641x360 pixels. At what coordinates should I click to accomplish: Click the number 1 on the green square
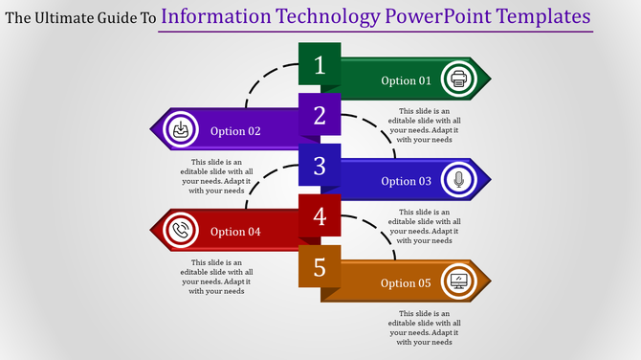pos(320,65)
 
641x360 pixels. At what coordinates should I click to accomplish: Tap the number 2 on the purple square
pos(320,116)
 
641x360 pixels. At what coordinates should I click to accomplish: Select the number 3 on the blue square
pos(320,167)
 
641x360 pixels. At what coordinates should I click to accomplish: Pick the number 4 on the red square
pos(320,217)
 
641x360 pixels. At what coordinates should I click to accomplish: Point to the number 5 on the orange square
pos(320,268)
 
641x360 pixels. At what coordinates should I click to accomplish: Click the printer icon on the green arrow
pos(459,80)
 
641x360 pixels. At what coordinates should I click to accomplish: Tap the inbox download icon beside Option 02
pos(180,130)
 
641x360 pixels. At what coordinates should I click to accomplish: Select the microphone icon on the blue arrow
pos(459,180)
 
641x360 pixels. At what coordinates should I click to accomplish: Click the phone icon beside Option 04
pos(180,231)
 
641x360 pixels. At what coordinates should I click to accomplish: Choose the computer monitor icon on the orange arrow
pos(459,281)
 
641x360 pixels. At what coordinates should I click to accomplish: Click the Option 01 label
pos(406,80)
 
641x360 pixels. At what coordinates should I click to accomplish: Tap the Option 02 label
pos(235,131)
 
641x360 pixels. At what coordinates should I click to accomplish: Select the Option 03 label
pos(406,181)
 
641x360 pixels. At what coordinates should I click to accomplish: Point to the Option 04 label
pos(235,232)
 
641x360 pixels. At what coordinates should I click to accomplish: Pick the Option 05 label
pos(406,282)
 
